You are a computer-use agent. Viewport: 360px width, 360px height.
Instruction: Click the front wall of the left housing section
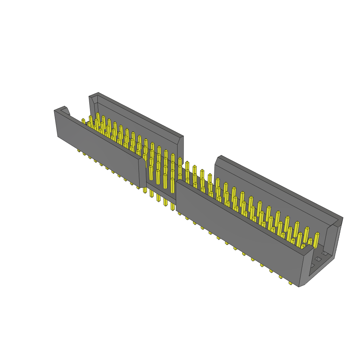[x=98, y=148]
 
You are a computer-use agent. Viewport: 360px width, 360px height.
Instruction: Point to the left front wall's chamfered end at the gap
[x=142, y=172]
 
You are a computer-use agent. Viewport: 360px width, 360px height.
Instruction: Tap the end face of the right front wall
[x=304, y=267]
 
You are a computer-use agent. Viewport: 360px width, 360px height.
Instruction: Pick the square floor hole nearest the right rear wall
[x=325, y=253]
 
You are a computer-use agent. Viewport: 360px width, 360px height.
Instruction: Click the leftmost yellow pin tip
[x=83, y=121]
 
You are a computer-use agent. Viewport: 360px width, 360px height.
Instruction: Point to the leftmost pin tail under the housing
[x=79, y=150]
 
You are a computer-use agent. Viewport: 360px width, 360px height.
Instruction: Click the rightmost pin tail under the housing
[x=290, y=283]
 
